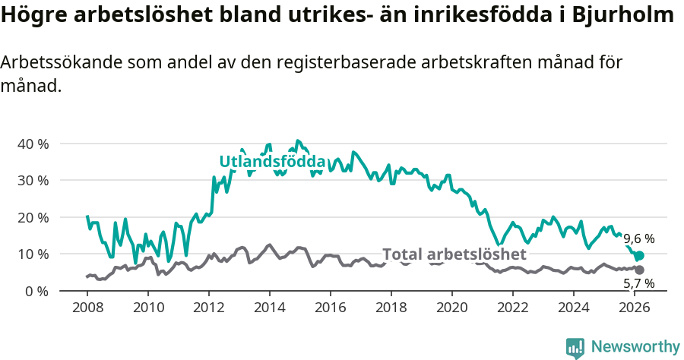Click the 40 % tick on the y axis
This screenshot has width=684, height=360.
point(33,144)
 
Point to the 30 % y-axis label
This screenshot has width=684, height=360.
point(33,180)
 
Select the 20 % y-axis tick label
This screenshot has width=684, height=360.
point(33,217)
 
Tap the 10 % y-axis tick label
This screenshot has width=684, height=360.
point(33,254)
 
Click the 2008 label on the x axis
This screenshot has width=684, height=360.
point(87,308)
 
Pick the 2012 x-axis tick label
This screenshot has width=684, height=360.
point(209,308)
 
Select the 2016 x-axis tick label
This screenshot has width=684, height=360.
point(331,308)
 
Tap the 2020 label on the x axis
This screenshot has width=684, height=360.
point(452,308)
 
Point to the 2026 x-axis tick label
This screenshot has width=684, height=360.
point(635,308)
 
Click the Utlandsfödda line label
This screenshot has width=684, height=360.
point(272,162)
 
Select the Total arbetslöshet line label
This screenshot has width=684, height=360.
point(454,254)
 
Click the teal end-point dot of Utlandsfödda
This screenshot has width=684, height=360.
point(639,256)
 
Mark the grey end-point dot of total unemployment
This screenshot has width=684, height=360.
point(639,270)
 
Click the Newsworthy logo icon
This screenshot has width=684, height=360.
point(575,347)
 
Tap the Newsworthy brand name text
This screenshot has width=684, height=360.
point(635,347)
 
